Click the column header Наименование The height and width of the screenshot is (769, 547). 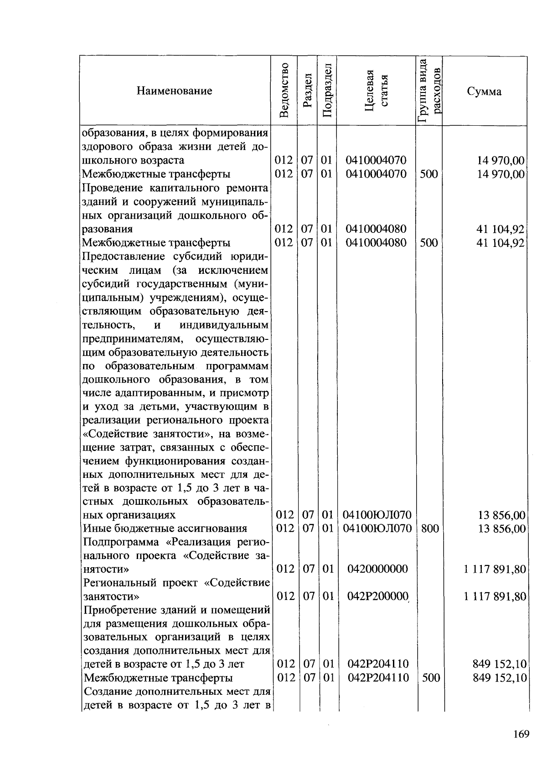point(174,91)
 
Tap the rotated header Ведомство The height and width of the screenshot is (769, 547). point(284,91)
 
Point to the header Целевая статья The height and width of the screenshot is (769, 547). point(377,91)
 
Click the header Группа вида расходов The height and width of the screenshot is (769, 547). point(429,91)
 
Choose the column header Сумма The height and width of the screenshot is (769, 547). point(484,92)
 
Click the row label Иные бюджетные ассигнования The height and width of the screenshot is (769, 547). point(165,528)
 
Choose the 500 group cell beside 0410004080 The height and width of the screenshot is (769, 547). point(429,243)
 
